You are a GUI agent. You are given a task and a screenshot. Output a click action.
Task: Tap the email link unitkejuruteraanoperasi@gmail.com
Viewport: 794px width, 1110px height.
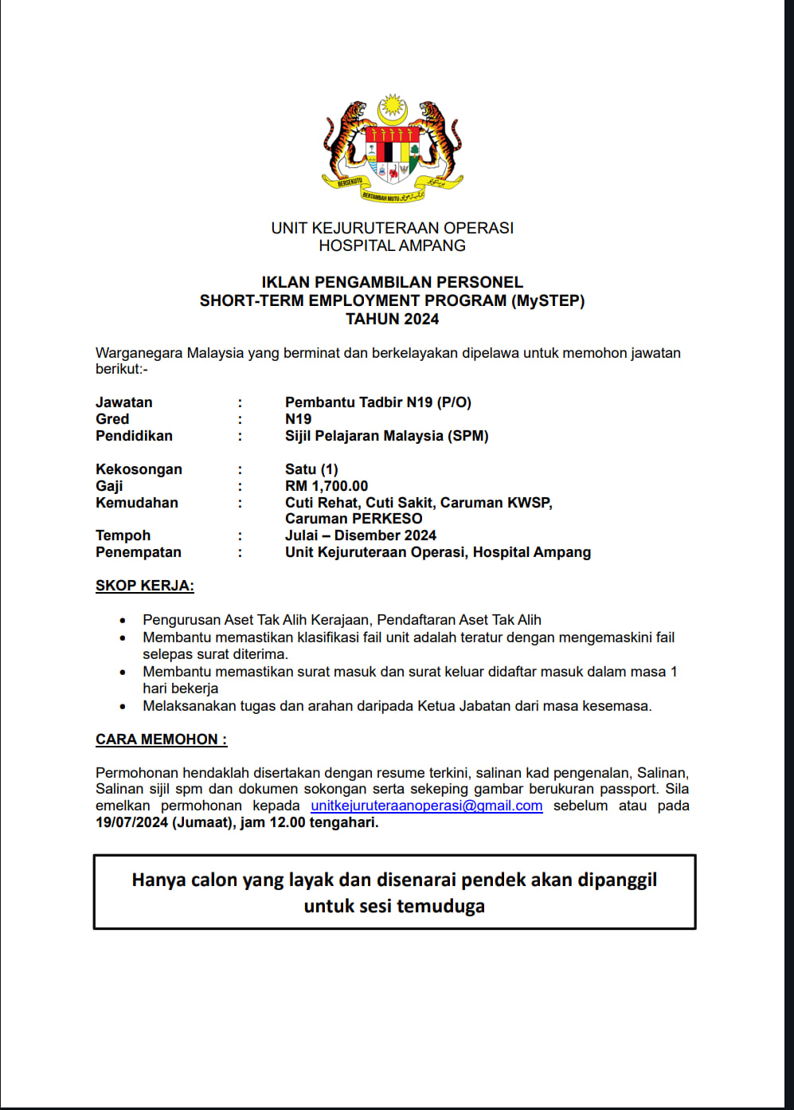(426, 806)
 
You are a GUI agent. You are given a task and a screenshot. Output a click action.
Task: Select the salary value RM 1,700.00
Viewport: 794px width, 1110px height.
(327, 486)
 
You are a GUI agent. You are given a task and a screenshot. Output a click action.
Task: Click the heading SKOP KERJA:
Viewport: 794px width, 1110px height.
(144, 586)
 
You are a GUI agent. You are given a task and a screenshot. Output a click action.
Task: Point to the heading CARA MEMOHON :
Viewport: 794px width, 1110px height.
(161, 739)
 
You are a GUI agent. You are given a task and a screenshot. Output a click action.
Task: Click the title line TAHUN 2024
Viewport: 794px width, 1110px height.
(392, 319)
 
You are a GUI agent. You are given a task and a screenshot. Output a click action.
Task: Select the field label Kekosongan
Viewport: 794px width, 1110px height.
(139, 469)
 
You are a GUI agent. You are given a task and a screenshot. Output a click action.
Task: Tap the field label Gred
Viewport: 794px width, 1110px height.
(112, 419)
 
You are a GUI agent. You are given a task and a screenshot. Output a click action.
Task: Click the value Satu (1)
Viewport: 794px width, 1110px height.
(311, 469)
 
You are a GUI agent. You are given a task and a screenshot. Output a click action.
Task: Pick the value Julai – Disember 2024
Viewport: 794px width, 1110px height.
(361, 535)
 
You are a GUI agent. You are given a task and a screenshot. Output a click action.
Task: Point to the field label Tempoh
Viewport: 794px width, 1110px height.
(123, 535)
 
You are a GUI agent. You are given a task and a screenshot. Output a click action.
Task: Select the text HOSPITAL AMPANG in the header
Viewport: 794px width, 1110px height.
(392, 245)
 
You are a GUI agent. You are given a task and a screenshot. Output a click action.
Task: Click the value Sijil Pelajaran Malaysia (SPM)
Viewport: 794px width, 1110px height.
(386, 436)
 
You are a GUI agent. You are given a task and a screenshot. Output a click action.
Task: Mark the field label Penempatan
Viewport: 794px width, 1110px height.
(138, 552)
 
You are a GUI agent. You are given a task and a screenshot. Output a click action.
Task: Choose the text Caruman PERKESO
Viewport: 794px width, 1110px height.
(354, 519)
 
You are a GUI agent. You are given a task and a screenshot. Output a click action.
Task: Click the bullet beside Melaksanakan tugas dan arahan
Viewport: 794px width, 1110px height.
(123, 706)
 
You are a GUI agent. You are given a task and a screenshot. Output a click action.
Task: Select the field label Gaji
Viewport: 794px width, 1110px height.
(109, 486)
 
